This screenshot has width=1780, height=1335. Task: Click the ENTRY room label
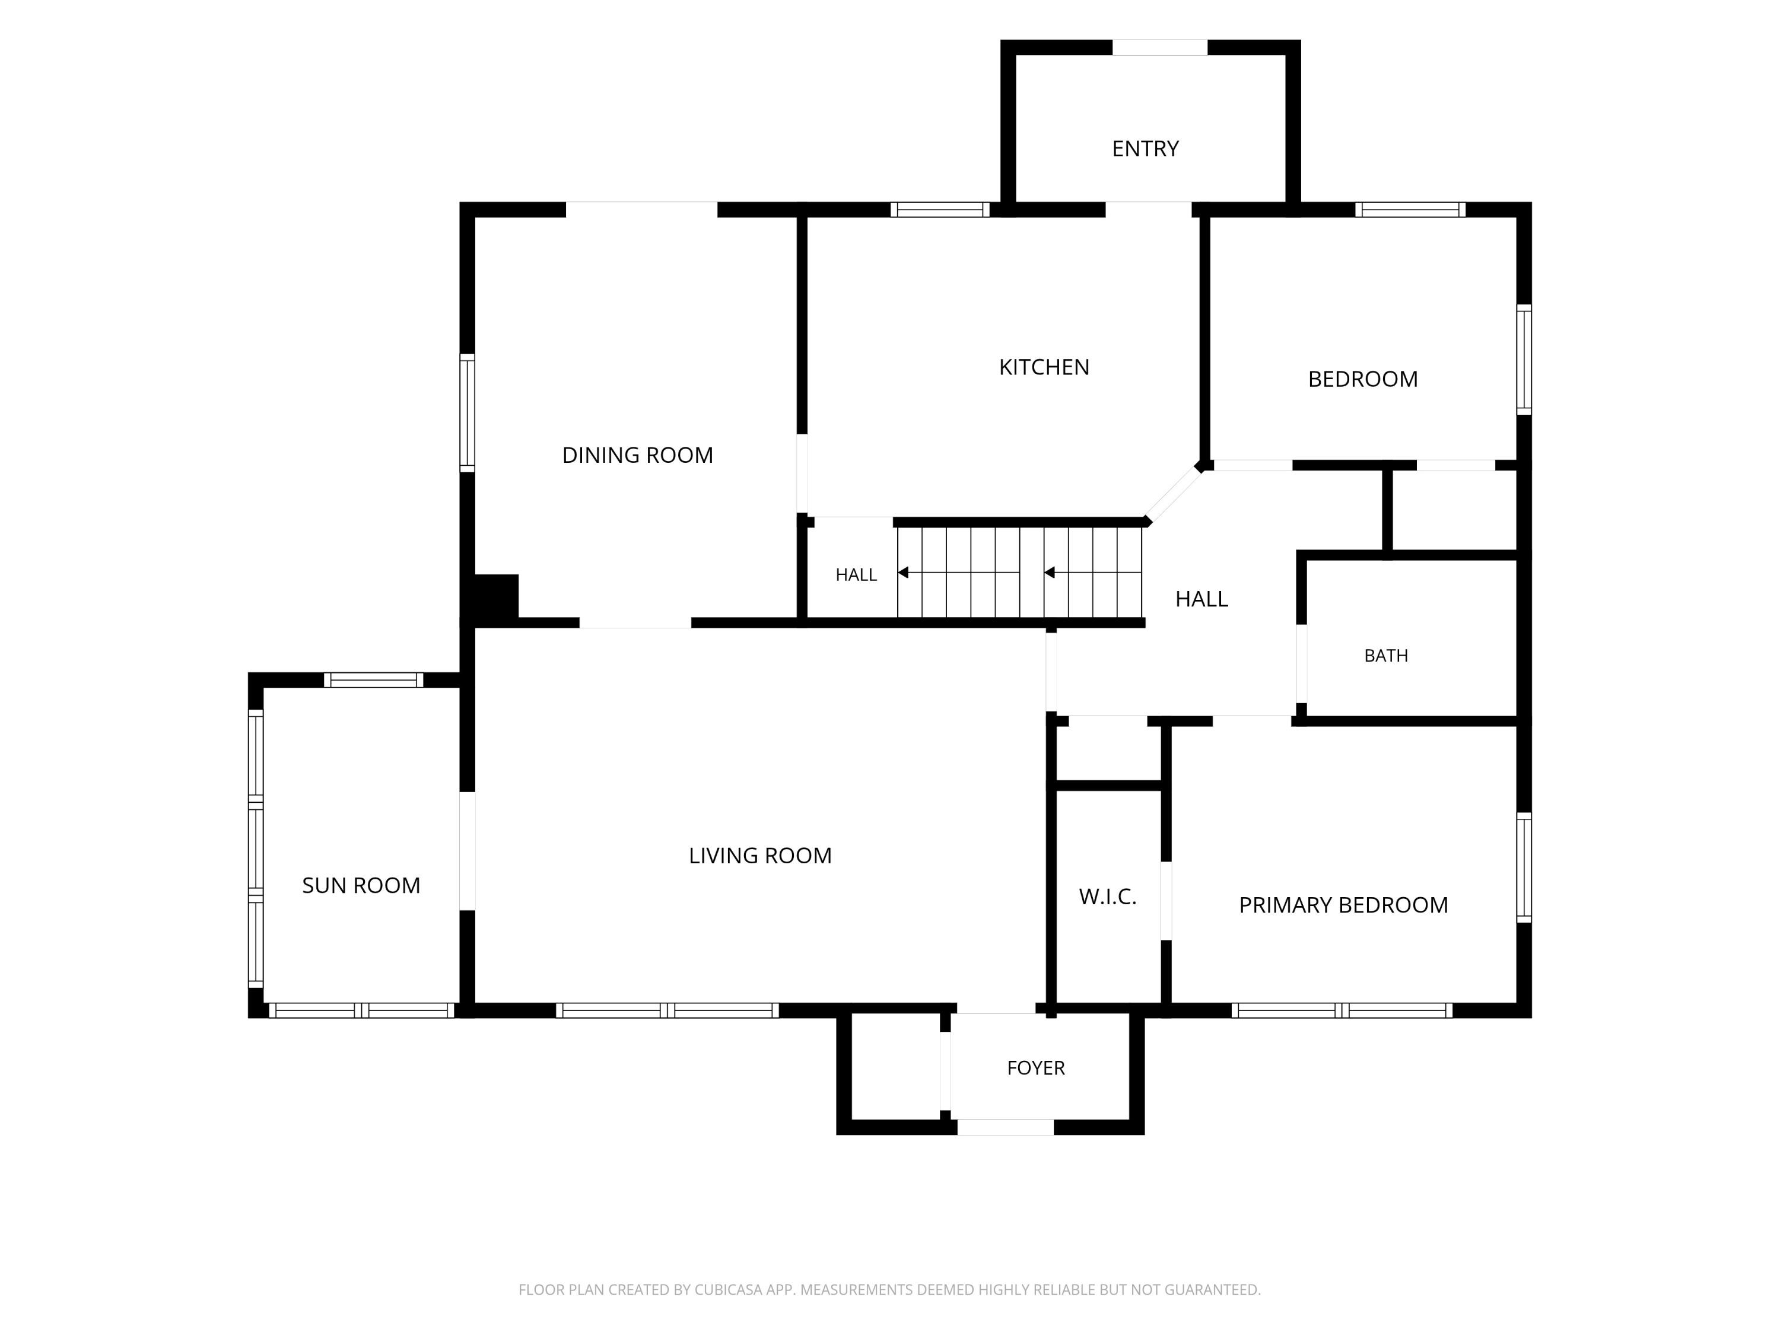(x=1145, y=149)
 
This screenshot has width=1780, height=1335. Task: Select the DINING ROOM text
(x=637, y=456)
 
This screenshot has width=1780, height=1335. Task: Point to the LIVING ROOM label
(x=759, y=856)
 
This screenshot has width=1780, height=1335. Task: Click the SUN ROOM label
(x=361, y=885)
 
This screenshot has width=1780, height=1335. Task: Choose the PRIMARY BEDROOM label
(x=1343, y=905)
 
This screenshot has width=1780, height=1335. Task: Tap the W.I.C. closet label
(x=1107, y=897)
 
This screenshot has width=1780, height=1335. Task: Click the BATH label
(x=1385, y=656)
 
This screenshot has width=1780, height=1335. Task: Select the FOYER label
(x=1035, y=1068)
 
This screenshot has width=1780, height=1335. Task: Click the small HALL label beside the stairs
(x=856, y=574)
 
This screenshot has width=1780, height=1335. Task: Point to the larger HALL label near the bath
(x=1201, y=599)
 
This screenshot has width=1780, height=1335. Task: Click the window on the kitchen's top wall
(x=940, y=210)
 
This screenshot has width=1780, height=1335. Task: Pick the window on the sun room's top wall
(x=373, y=680)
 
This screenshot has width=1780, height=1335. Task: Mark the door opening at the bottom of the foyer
(x=1005, y=1127)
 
